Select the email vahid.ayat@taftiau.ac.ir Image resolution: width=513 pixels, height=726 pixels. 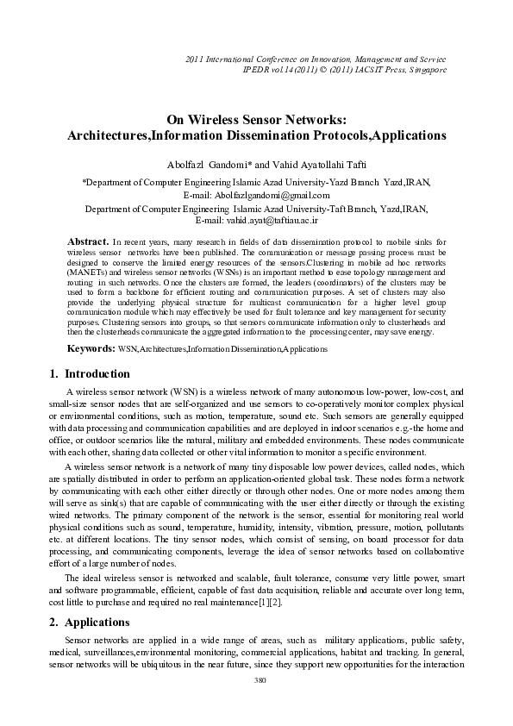coord(281,221)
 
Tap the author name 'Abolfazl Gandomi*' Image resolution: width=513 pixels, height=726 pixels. coord(216,165)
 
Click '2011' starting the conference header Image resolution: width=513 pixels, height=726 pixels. coord(197,57)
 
